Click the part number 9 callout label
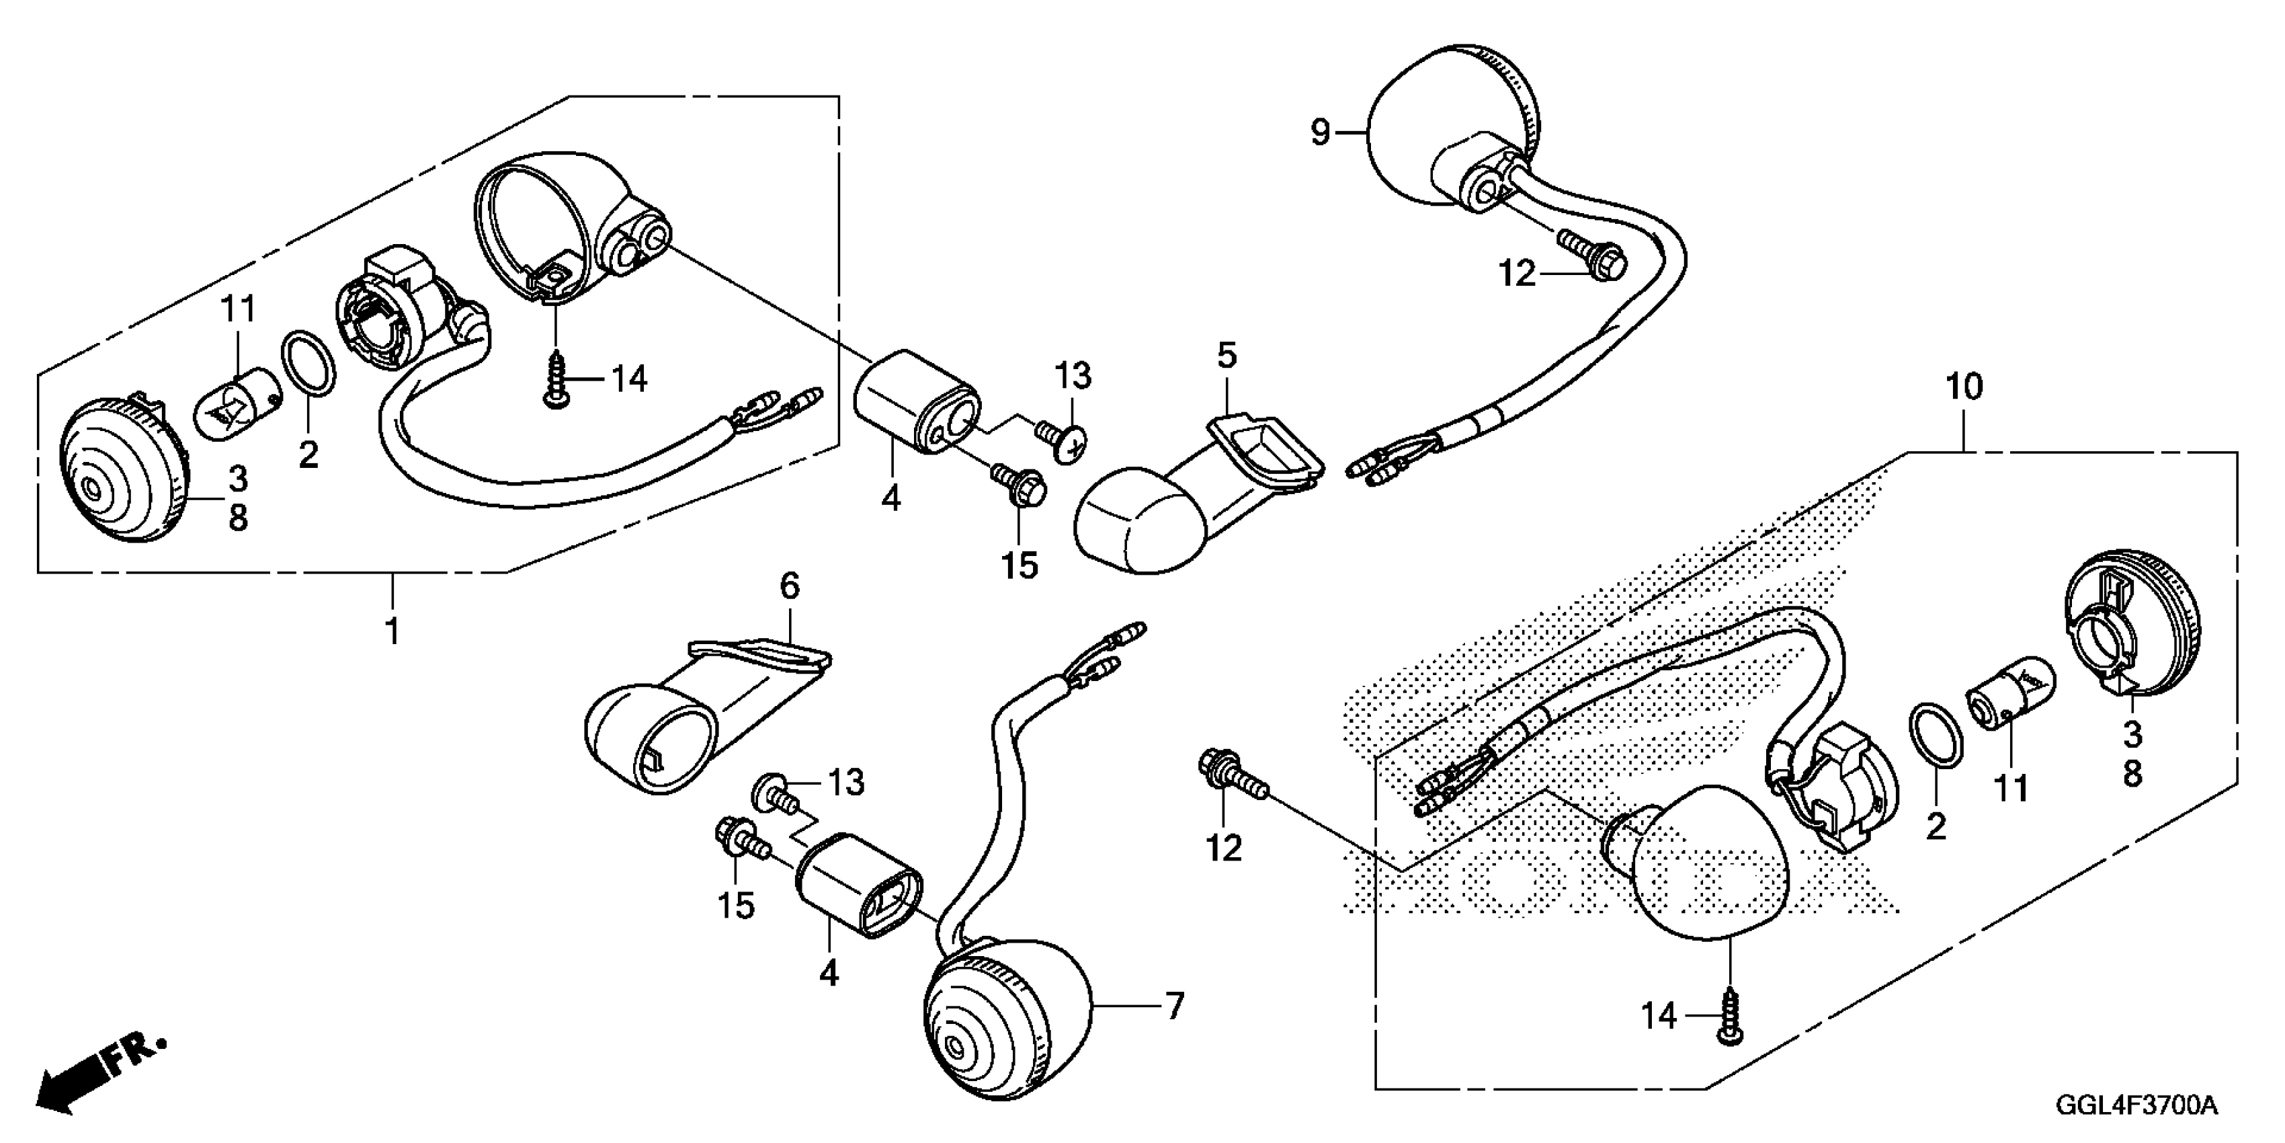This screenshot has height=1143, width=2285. tap(1321, 134)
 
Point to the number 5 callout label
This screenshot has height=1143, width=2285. tap(1226, 356)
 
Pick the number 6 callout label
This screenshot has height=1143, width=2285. tap(790, 586)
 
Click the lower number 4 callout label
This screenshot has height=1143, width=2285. tap(829, 974)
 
